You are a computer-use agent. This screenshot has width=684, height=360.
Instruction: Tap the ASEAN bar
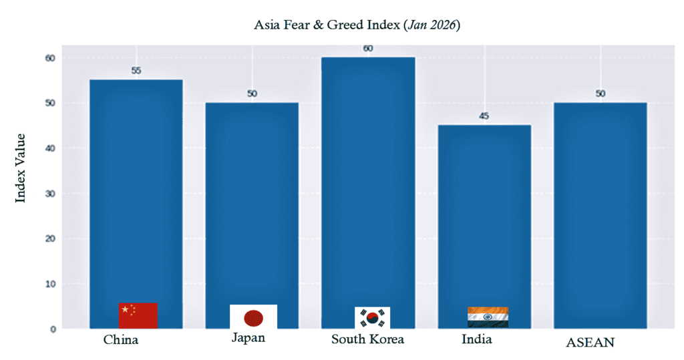coord(600,214)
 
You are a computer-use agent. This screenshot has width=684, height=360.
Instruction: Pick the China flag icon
coord(138,315)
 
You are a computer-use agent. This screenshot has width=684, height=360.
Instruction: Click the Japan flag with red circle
coord(253,317)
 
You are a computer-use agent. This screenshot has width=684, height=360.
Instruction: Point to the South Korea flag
coord(372,317)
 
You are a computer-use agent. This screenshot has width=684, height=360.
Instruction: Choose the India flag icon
coord(488,317)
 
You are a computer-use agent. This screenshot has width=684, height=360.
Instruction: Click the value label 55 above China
coord(136,71)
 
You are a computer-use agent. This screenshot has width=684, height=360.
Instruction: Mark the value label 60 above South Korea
coord(368,48)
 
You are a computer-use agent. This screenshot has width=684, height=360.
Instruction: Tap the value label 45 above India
coord(484,116)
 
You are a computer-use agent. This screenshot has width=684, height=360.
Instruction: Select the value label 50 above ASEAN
coord(600,94)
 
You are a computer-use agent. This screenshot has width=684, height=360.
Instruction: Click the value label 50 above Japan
coord(252,94)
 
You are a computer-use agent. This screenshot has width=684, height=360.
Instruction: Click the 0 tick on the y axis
coord(51,329)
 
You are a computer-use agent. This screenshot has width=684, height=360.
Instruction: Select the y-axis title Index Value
coord(20,168)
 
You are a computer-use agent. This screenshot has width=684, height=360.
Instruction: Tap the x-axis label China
coord(121,340)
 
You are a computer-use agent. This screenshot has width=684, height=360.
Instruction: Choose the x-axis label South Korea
coord(367,339)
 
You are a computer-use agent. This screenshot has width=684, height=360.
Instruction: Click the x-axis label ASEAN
coord(590,343)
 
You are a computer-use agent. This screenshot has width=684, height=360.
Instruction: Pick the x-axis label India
coord(477,339)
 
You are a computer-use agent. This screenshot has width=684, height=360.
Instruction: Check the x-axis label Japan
coord(248,338)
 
